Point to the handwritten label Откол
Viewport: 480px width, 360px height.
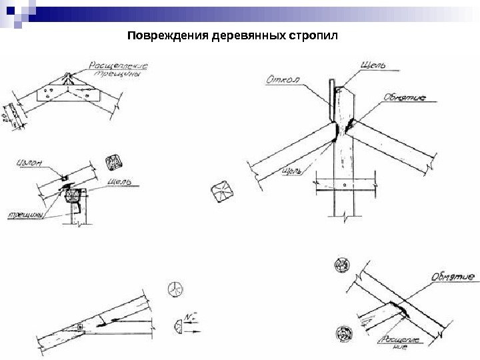[x=283, y=79]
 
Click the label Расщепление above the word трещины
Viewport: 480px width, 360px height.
[x=117, y=66]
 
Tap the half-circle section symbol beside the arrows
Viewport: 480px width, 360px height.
[x=178, y=327]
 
